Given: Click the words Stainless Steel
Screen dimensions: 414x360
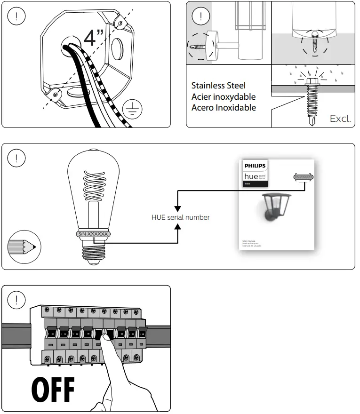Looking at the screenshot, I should [218, 86].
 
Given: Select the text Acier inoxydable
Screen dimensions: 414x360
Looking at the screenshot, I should [224, 96].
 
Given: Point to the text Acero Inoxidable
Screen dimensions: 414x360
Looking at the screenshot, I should [224, 107].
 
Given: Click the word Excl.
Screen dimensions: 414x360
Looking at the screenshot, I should [340, 118].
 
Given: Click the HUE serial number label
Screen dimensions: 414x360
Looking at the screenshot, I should [180, 217].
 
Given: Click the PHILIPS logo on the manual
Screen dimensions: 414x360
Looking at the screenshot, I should [255, 166].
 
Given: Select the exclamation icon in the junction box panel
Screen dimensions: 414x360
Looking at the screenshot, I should [17, 16].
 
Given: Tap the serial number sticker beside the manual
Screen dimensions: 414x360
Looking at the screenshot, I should [304, 177].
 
